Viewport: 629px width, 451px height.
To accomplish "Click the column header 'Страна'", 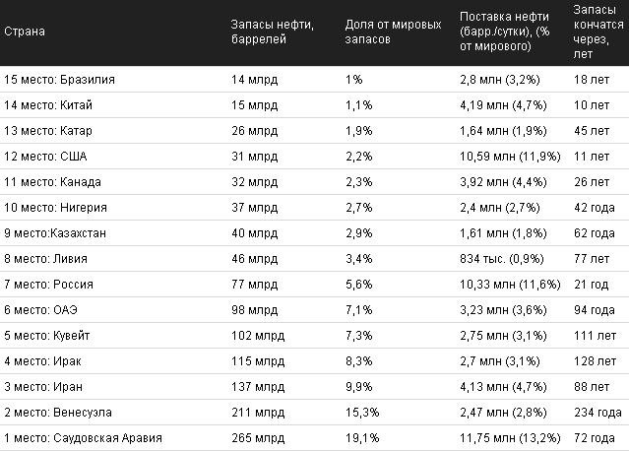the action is pos(25,32).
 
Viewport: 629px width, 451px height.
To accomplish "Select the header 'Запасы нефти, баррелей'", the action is pos(273,32).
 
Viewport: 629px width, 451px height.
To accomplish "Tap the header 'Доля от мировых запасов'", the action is pos(393,32).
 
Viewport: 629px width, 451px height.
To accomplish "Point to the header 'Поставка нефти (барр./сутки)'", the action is pos(505,24).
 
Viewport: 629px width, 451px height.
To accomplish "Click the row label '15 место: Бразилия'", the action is pos(59,80).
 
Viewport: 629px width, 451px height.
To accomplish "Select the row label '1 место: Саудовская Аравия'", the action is pos(83,438).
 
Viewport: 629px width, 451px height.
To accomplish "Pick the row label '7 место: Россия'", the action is pos(48,285).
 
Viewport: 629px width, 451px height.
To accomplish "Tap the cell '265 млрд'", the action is pos(258,438).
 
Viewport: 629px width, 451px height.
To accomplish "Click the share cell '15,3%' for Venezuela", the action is pos(362,413).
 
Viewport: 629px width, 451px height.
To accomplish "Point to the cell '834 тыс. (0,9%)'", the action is pos(502,259).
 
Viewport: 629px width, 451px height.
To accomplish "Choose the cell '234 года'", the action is pos(598,413).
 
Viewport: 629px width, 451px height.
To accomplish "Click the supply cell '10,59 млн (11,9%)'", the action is pos(510,157).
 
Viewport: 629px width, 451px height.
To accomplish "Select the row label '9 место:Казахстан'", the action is pos(55,233).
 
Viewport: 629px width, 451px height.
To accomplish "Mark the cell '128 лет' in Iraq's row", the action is pos(595,361).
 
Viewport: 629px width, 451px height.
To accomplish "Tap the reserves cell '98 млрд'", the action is pos(254,310).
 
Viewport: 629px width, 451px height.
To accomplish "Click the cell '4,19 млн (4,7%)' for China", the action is pos(503,105).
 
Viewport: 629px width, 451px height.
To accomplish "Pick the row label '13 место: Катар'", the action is pos(48,131).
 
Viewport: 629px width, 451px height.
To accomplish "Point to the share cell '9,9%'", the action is pos(359,387).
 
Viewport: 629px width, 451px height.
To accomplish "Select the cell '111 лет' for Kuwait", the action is pos(595,336).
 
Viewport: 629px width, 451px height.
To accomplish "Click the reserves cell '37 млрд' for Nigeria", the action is pos(254,208).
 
